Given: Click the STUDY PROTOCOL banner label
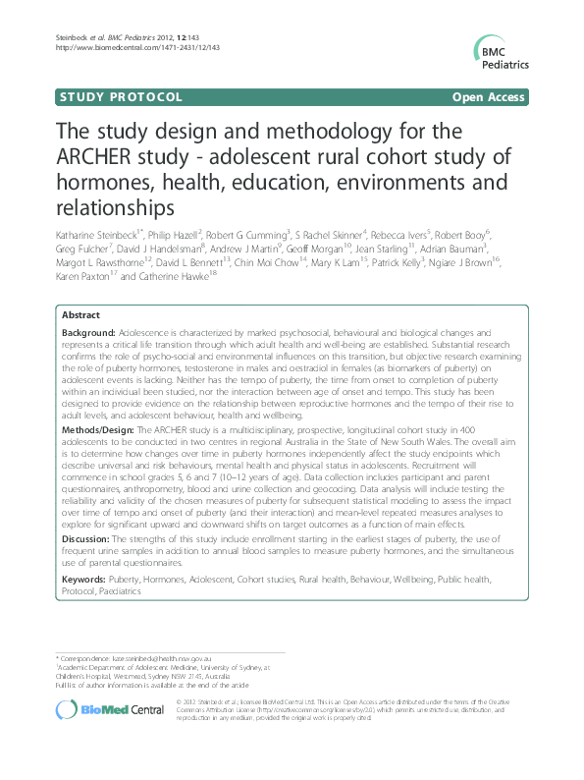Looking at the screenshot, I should pos(121,97).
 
